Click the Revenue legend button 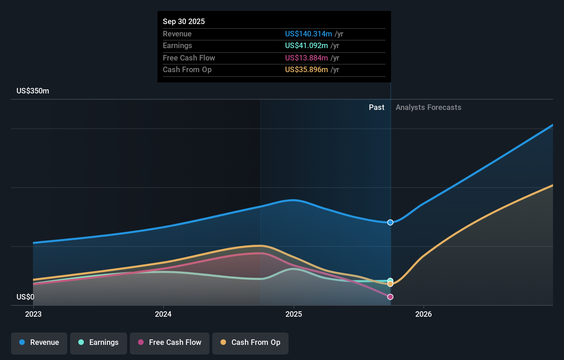point(39,342)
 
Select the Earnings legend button point(99,342)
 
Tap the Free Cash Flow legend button point(170,342)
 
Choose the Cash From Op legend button point(250,342)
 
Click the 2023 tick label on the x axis point(33,314)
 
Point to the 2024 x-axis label point(163,314)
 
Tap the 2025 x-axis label point(294,314)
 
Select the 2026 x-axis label point(424,314)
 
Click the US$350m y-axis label point(33,91)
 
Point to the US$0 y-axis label point(25,297)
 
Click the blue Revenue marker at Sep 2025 point(390,223)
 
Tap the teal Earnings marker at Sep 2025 point(390,280)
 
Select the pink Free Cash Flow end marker point(390,297)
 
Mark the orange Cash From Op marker point(390,284)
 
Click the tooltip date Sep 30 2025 point(184,22)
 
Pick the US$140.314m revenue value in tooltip point(308,34)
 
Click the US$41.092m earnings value point(306,46)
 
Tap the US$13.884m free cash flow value point(306,58)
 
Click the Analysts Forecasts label point(428,108)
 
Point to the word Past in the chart point(376,108)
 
